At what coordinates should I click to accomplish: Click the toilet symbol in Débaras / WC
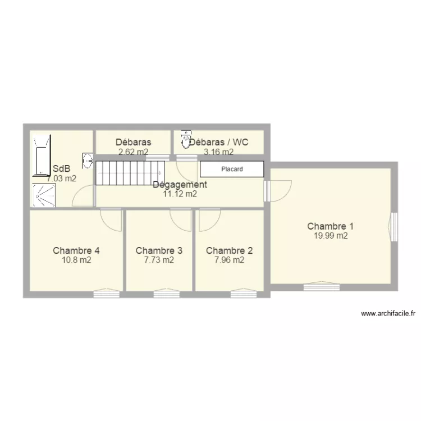coord(186,139)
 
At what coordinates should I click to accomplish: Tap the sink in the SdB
coord(88,161)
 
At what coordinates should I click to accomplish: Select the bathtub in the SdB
coord(42,155)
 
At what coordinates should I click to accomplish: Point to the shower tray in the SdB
coord(44,195)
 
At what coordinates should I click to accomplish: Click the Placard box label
coord(232,169)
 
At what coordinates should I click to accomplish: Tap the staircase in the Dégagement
coord(130,173)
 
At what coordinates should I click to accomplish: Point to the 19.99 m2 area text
coord(331,236)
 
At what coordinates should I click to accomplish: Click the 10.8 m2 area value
coord(76,260)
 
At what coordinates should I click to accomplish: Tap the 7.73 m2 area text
coord(159,260)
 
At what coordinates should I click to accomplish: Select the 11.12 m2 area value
coord(180,194)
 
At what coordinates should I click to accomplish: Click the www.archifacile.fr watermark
coord(388,313)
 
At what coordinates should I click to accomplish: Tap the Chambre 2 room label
coord(229,250)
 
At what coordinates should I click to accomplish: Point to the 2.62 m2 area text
coord(134,152)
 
